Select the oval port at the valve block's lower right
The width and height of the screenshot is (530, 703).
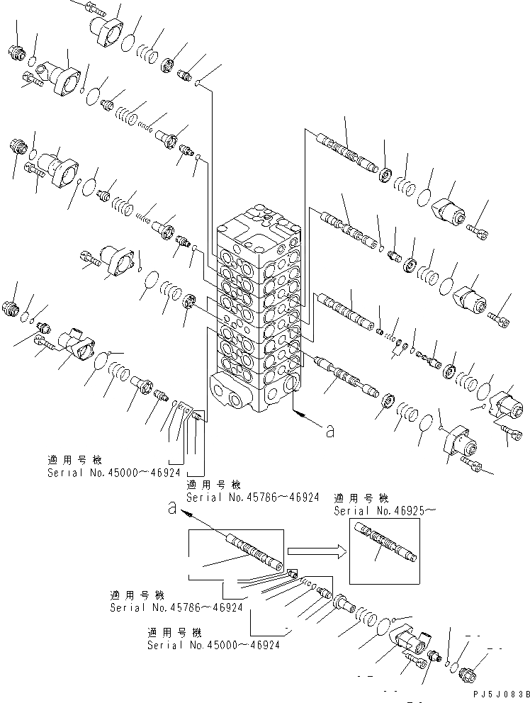[289, 386]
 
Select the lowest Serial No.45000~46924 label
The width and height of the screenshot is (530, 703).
[213, 646]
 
